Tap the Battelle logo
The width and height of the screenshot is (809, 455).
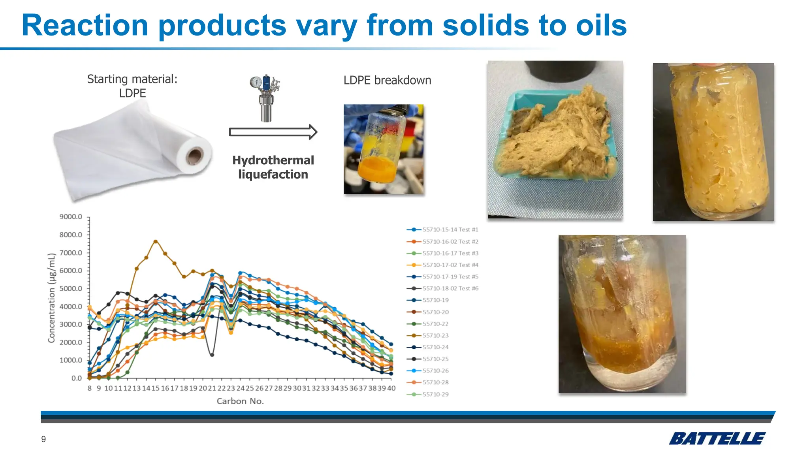(x=717, y=438)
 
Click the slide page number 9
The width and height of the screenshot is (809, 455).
(x=43, y=439)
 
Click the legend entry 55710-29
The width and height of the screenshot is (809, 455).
(x=435, y=394)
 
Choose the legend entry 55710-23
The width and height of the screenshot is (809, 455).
(x=435, y=335)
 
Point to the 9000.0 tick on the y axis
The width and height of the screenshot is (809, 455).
(x=71, y=217)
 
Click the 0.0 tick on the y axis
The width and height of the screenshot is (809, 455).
(x=76, y=378)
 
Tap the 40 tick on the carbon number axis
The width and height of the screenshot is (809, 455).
(x=391, y=388)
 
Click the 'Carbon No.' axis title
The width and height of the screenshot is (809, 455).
(x=240, y=401)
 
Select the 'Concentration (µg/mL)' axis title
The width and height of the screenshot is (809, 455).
(x=51, y=298)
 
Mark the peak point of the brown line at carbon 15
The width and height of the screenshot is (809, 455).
(x=156, y=241)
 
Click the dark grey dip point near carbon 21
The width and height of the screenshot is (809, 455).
(x=212, y=355)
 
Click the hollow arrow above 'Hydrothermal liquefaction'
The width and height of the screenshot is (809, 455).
(x=273, y=132)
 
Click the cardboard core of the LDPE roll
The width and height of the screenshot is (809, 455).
(x=194, y=156)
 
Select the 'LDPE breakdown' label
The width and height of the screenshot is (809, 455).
(x=387, y=80)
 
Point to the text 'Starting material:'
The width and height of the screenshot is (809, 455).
(x=132, y=79)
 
